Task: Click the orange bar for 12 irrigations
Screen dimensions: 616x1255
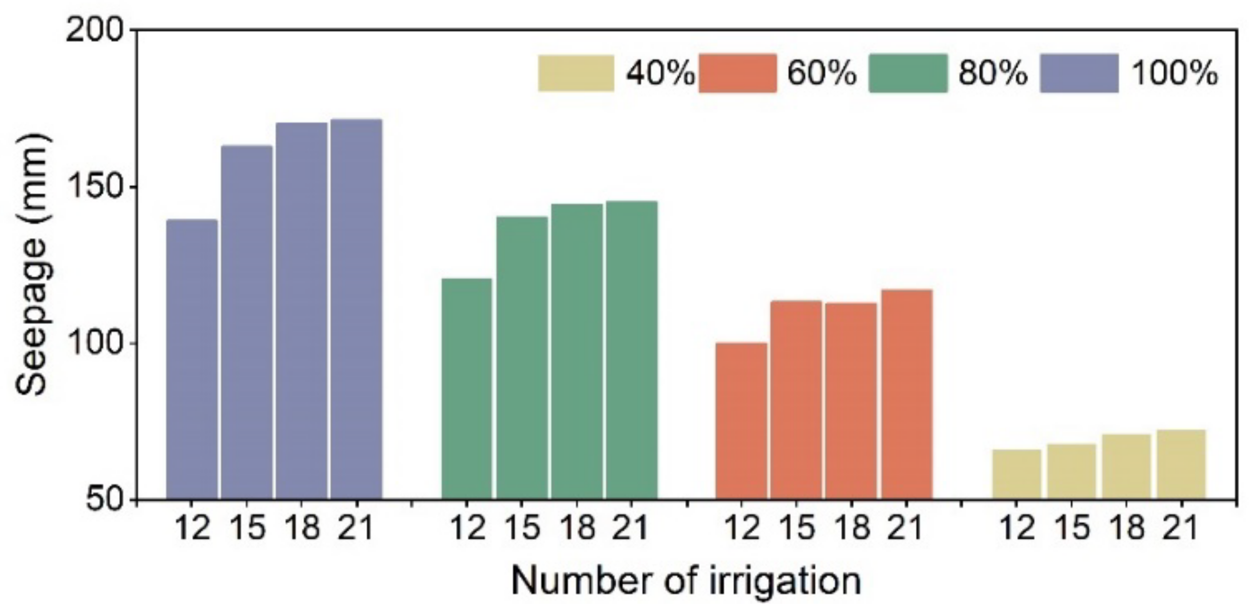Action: pyautogui.click(x=742, y=421)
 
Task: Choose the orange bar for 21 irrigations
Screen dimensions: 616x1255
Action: pyautogui.click(x=906, y=394)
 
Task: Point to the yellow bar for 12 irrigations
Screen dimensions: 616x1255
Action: pyautogui.click(x=1017, y=474)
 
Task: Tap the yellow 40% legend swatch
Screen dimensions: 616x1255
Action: pyautogui.click(x=576, y=73)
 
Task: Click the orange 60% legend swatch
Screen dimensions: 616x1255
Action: pyautogui.click(x=738, y=73)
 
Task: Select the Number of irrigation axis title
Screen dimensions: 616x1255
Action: pyautogui.click(x=686, y=581)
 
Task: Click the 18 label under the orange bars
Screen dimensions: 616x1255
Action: pyautogui.click(x=853, y=528)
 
